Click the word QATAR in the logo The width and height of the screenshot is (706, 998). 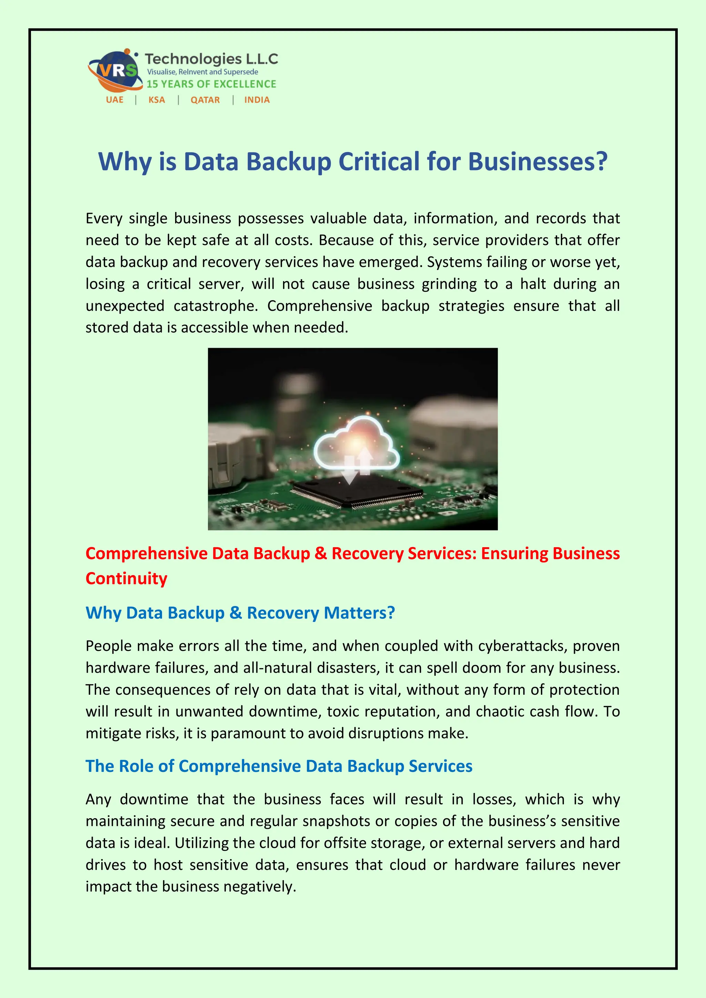click(x=205, y=100)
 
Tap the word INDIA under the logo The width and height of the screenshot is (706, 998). click(x=257, y=100)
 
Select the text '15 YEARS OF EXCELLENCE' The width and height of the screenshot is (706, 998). click(x=211, y=84)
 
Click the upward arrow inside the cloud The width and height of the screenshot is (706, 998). click(x=365, y=461)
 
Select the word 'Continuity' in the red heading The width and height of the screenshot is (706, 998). click(x=127, y=579)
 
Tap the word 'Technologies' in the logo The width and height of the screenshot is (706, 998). click(x=193, y=59)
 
